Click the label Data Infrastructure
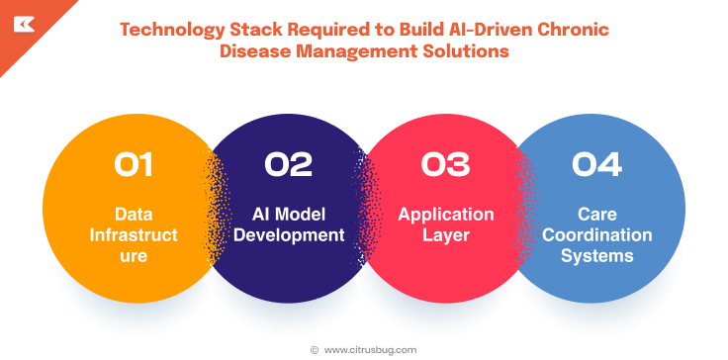pyautogui.click(x=134, y=235)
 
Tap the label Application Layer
pyautogui.click(x=445, y=225)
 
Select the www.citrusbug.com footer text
pyautogui.click(x=371, y=349)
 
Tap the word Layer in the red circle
pyautogui.click(x=445, y=235)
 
